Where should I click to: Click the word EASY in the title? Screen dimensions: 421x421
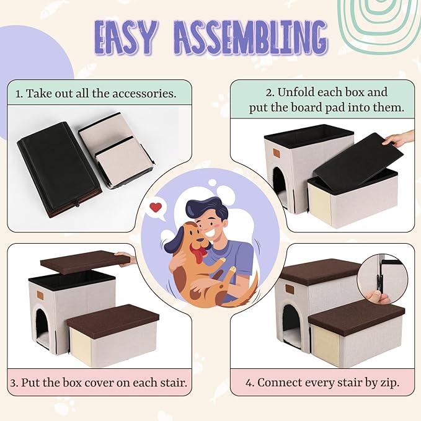[126, 37]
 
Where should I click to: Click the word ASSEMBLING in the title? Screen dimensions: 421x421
[251, 37]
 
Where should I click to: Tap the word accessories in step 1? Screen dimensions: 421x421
[144, 94]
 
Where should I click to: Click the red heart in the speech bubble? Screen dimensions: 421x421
[156, 207]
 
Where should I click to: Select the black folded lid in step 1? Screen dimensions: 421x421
[59, 169]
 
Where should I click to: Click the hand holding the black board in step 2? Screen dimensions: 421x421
[399, 139]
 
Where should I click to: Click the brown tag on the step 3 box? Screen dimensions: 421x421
[41, 295]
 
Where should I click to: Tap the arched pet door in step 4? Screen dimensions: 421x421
[291, 325]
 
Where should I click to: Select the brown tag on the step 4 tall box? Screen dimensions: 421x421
[290, 289]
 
